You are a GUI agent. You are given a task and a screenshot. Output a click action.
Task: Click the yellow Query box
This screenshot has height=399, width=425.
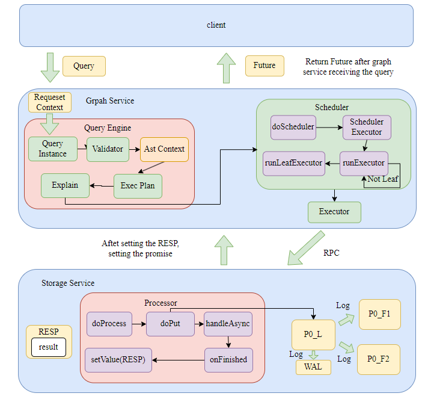click(x=84, y=66)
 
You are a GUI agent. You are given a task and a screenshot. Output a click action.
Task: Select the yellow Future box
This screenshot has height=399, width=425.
click(x=264, y=66)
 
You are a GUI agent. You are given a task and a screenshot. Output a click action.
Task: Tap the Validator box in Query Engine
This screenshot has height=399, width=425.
click(x=108, y=149)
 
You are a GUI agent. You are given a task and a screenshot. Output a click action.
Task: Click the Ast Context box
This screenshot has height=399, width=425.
click(x=164, y=149)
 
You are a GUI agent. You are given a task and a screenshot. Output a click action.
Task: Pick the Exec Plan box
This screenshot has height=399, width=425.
click(x=138, y=185)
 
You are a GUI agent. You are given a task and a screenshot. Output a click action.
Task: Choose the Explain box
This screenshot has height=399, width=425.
click(x=65, y=185)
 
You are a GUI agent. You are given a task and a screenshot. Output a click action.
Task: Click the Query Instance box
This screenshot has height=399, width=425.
click(x=53, y=149)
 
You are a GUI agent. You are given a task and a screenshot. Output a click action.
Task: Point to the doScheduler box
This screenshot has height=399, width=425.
click(x=293, y=128)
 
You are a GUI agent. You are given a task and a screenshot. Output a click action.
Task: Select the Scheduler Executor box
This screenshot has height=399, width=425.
click(x=367, y=128)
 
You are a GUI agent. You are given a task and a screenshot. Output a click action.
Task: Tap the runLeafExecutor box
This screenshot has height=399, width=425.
click(x=293, y=163)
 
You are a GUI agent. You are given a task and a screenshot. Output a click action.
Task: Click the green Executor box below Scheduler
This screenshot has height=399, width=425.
click(x=335, y=212)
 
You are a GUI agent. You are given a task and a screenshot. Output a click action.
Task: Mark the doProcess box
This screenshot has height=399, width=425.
click(x=109, y=324)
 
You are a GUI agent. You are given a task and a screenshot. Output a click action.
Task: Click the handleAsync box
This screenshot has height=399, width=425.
click(x=228, y=324)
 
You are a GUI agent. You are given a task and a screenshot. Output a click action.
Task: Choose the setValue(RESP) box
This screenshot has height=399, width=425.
click(x=118, y=359)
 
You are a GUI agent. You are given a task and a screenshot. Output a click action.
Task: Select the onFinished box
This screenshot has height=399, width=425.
click(x=228, y=359)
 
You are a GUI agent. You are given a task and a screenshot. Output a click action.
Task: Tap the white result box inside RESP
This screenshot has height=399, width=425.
click(x=49, y=347)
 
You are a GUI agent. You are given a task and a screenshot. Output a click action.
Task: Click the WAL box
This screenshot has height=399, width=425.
click(x=313, y=367)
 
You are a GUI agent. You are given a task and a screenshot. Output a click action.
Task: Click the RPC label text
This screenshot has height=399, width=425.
click(x=331, y=253)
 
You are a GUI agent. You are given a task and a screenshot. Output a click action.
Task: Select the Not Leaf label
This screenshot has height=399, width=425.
click(x=382, y=179)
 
